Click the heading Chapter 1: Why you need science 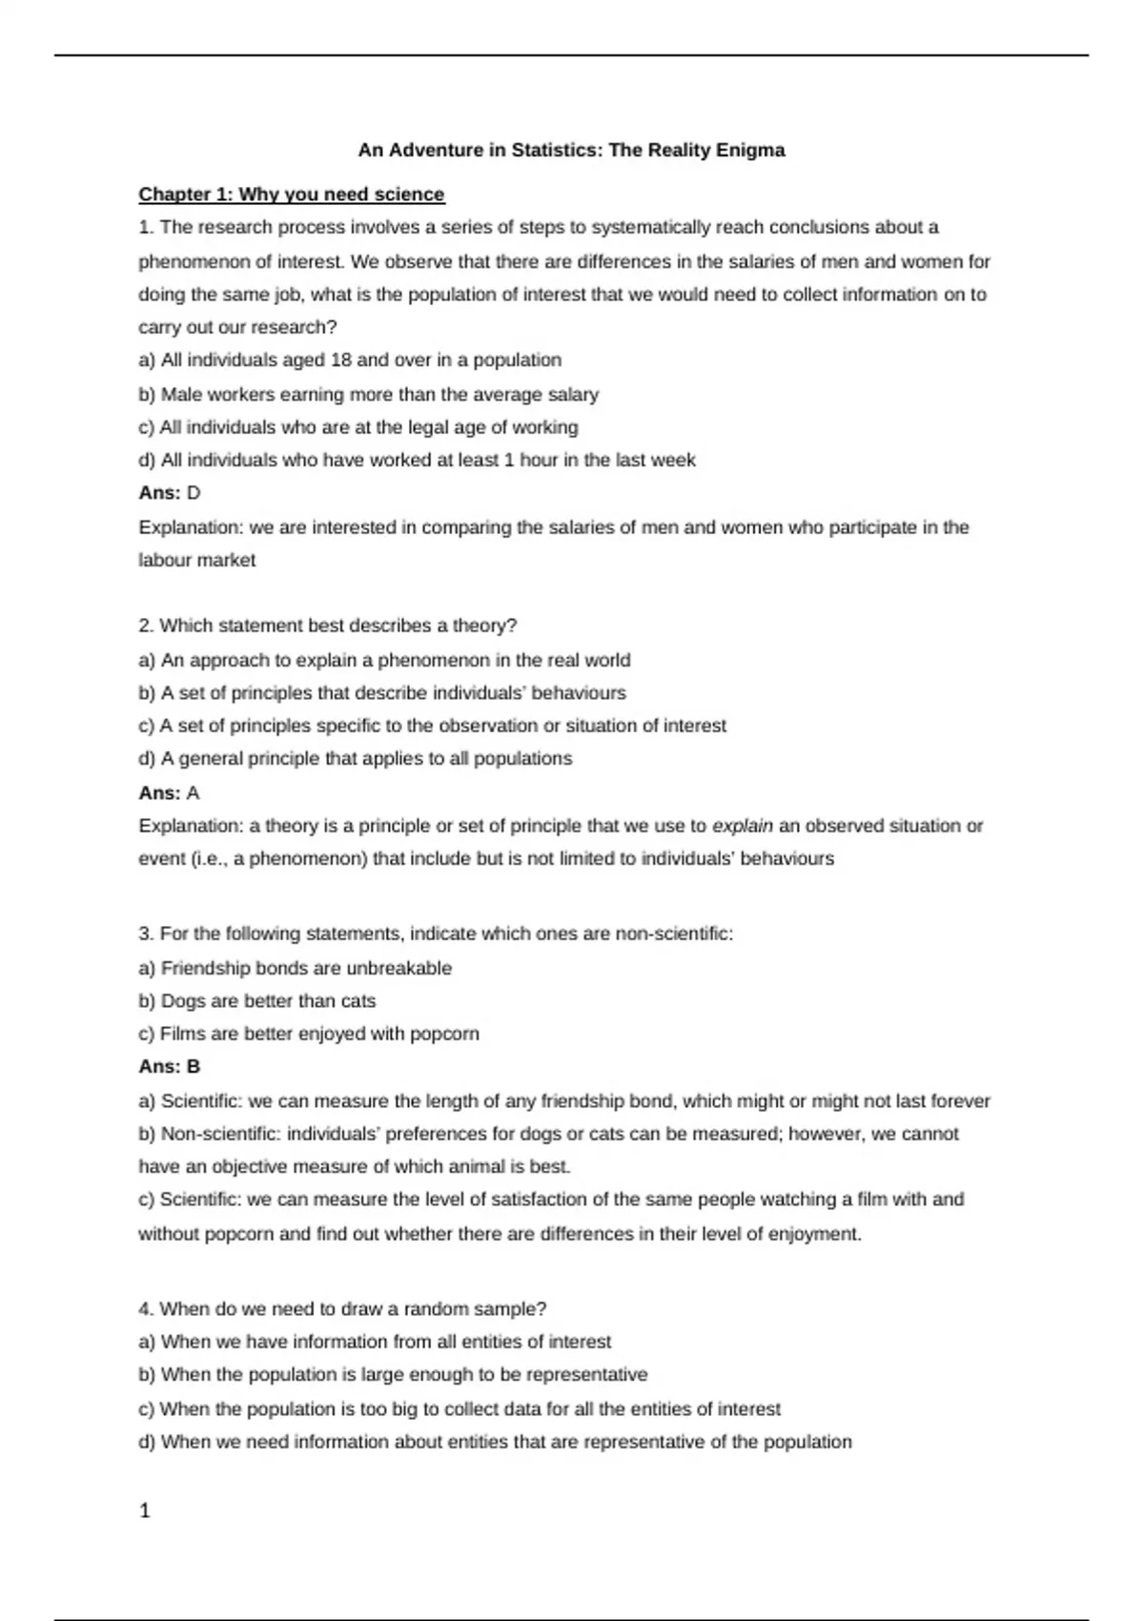(292, 195)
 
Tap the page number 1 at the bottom (145, 1510)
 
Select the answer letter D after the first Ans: (194, 493)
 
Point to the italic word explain (743, 826)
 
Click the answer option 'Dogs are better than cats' (257, 1001)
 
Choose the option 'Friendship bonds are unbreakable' (296, 968)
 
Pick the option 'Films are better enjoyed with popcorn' (309, 1034)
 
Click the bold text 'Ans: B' (170, 1067)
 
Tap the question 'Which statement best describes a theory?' (328, 626)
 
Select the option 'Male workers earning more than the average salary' (369, 394)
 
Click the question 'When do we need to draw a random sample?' (342, 1308)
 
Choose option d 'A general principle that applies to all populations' (356, 759)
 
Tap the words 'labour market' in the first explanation (197, 561)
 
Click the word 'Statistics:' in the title (557, 150)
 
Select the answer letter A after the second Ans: (194, 793)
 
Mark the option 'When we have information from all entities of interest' (376, 1342)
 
